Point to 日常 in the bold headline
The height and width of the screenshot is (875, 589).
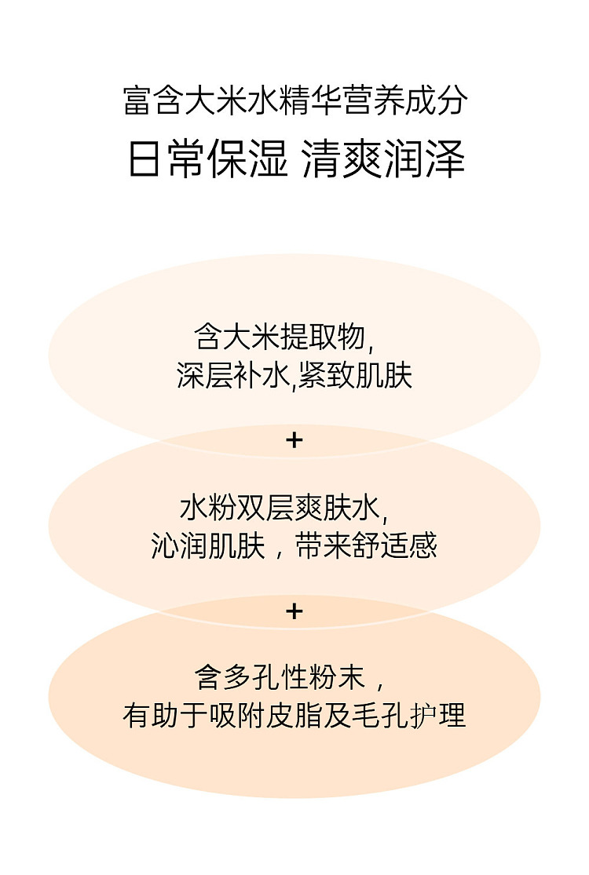[x=167, y=159]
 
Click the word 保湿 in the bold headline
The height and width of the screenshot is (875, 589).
[x=248, y=159]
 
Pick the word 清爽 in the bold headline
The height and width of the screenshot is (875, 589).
[x=342, y=159]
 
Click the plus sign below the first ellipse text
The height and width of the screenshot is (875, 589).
[x=294, y=441]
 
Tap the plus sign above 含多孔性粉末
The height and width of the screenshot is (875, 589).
[x=294, y=611]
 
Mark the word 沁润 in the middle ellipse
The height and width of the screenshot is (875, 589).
[x=179, y=545]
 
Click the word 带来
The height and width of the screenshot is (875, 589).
[x=323, y=545]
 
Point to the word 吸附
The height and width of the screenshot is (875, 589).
[x=236, y=716]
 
